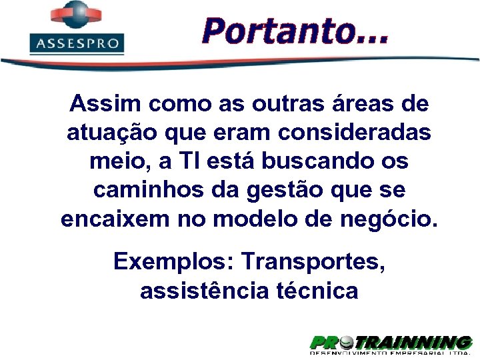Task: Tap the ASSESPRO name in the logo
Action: click(77, 44)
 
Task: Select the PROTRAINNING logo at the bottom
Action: click(391, 343)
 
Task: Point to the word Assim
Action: click(106, 104)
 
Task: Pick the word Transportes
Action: click(313, 261)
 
